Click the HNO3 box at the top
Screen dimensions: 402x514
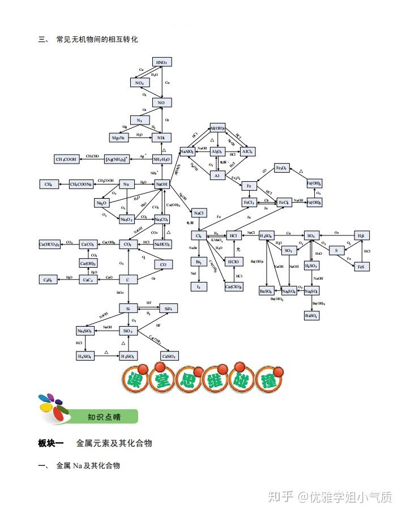coord(161,62)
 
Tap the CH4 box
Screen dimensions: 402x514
coord(48,184)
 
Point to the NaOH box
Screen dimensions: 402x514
coord(161,184)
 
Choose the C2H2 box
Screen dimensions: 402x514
coord(48,280)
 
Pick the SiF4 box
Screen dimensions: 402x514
coord(168,309)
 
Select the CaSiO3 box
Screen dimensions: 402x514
coord(169,356)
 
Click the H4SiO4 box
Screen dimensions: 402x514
coord(85,356)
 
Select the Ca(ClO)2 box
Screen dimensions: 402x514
coord(233,287)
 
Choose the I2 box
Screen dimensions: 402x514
coord(198,287)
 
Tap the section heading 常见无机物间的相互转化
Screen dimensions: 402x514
coord(97,40)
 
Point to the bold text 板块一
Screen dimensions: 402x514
coord(51,443)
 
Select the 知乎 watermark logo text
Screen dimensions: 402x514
coord(281,496)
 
